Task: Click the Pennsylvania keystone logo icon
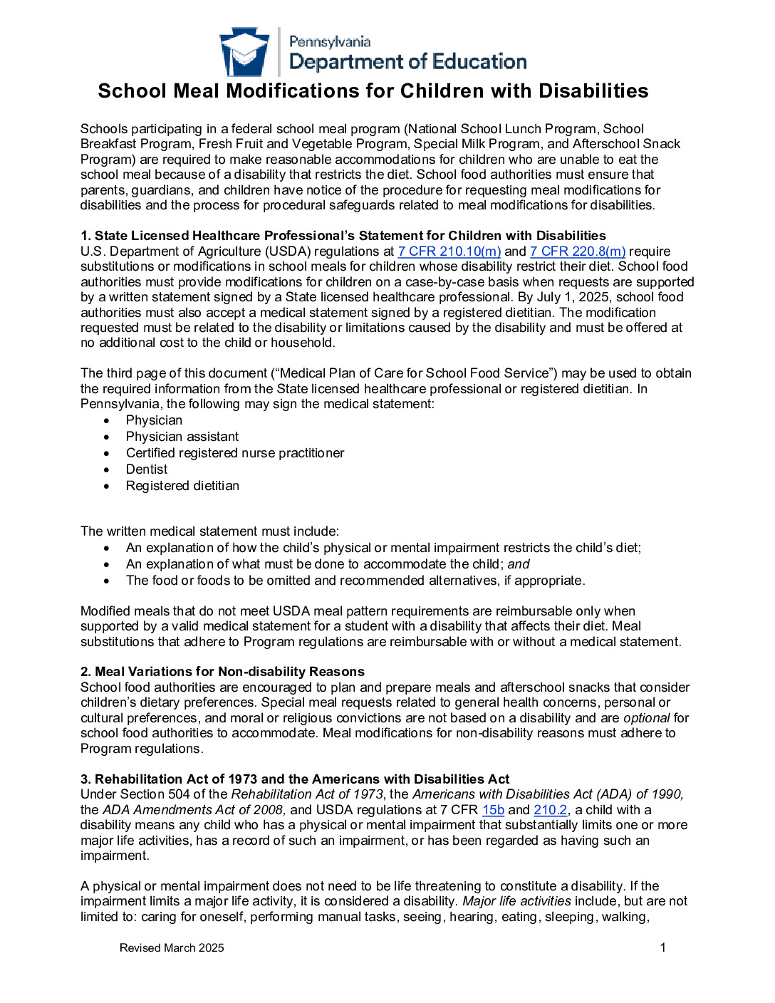pos(244,52)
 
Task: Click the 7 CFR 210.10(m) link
pos(449,251)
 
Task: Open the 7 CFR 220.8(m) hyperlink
pos(578,251)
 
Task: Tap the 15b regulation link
pos(493,810)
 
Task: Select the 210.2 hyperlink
pos(551,810)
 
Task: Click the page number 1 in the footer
pos(663,947)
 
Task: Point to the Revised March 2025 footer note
pos(172,948)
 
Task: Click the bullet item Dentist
pos(147,469)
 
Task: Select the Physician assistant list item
pos(182,437)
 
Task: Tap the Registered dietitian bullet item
pos(182,486)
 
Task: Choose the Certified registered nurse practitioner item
pos(235,453)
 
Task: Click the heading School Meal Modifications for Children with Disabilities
pos(373,91)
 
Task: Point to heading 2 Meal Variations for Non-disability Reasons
pos(222,672)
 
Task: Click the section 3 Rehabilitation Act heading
pos(295,779)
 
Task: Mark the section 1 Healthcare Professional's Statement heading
pos(343,236)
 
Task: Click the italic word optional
pos(646,718)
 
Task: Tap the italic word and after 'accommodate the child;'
pos(519,564)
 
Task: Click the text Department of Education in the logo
pos(408,62)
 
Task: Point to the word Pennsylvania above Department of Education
pos(330,42)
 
